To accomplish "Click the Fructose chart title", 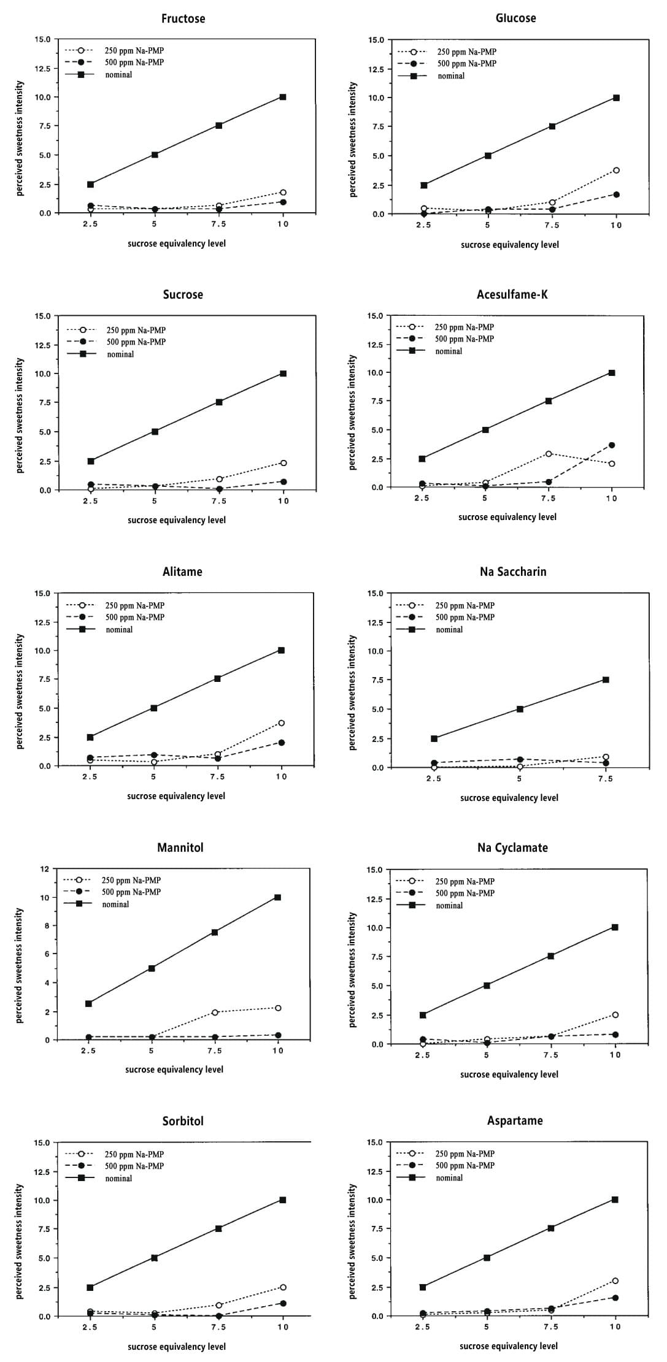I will [x=183, y=18].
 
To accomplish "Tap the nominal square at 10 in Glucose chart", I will [x=616, y=98].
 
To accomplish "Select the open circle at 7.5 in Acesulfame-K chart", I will [x=548, y=454].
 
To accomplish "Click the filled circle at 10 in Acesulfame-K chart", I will [x=612, y=445].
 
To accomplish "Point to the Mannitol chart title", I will [x=180, y=847].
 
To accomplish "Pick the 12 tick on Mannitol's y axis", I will [x=44, y=869].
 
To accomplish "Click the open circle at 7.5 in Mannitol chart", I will [x=215, y=1012].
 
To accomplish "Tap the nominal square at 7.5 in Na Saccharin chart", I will [x=606, y=680].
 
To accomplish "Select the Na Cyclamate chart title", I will [x=512, y=847].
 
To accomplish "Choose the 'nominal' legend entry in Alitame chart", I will [x=119, y=630].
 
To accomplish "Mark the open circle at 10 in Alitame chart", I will [x=281, y=724].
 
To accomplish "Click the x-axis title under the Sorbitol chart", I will [x=177, y=1347].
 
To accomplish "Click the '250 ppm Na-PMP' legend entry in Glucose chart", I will [x=466, y=52].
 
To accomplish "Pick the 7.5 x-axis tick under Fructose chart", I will [x=218, y=224].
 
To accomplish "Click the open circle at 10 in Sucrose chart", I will [x=283, y=463].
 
